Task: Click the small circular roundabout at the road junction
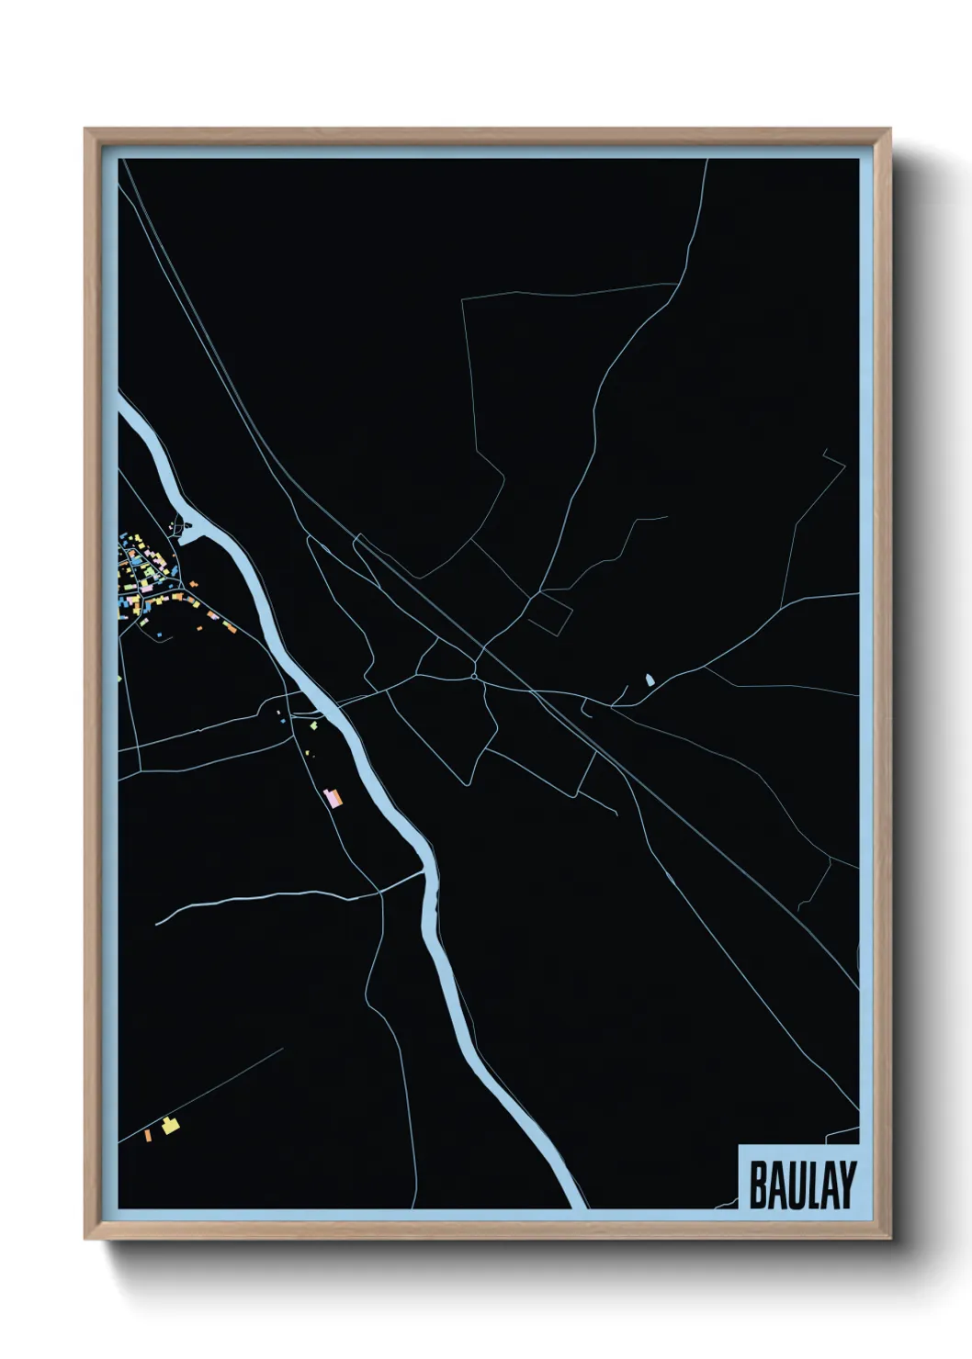pyautogui.click(x=474, y=677)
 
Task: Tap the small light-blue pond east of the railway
pyautogui.click(x=650, y=679)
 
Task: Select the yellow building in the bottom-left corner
pyautogui.click(x=168, y=1125)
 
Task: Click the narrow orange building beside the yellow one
pyautogui.click(x=147, y=1136)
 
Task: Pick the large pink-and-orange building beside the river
pyautogui.click(x=333, y=796)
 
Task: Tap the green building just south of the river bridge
pyautogui.click(x=313, y=725)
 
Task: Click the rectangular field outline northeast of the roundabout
pyautogui.click(x=550, y=612)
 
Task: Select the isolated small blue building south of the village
pyautogui.click(x=158, y=634)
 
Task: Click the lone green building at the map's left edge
pyautogui.click(x=120, y=679)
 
